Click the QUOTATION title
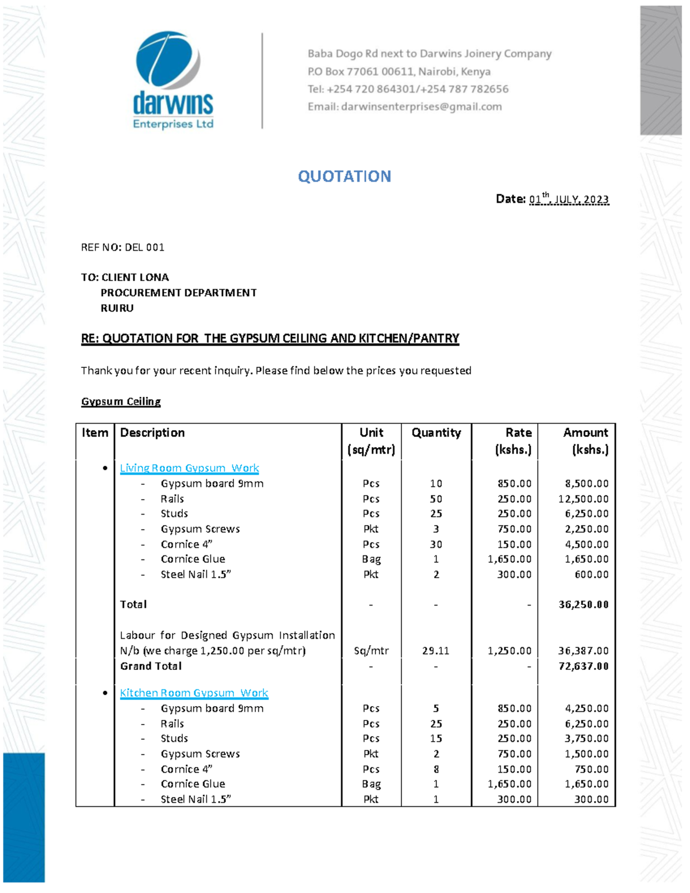click(x=344, y=177)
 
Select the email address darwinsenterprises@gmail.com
click(x=421, y=107)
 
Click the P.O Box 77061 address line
click(x=398, y=72)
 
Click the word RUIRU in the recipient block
click(x=117, y=308)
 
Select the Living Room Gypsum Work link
click(x=189, y=468)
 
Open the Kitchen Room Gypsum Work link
click(x=194, y=693)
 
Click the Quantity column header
click(x=436, y=433)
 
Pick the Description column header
click(x=152, y=433)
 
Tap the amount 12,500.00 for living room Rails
click(x=583, y=499)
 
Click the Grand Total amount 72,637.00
click(x=583, y=666)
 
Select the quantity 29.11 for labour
click(x=435, y=651)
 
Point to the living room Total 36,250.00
click(x=583, y=605)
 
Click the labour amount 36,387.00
click(x=583, y=651)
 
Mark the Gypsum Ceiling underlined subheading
click(x=121, y=401)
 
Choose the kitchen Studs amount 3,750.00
click(x=586, y=739)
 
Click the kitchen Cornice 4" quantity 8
click(x=436, y=769)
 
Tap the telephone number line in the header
click(x=408, y=89)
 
